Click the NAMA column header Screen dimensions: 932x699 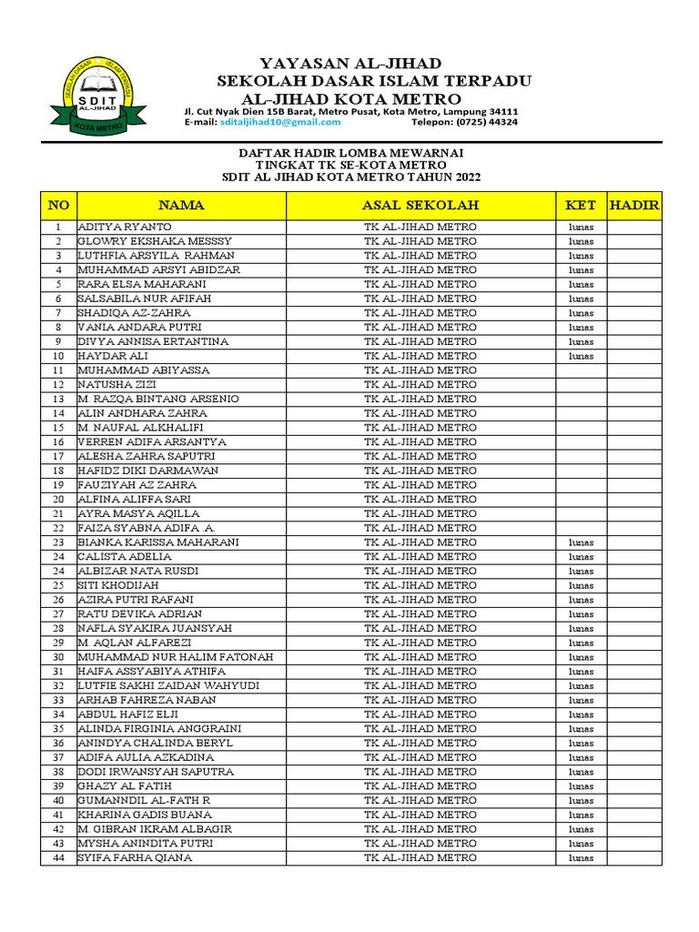(181, 206)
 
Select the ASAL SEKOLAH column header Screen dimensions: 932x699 (420, 206)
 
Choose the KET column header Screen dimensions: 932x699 (581, 206)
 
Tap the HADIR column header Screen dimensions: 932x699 (634, 206)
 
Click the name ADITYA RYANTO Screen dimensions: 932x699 (125, 227)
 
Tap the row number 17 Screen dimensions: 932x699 (58, 456)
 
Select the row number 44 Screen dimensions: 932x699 (58, 857)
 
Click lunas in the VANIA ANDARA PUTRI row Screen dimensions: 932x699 (581, 327)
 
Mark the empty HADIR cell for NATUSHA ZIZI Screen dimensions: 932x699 (634, 384)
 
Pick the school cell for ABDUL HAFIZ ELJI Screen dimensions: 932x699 (420, 714)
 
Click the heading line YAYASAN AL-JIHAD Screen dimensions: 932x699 (350, 63)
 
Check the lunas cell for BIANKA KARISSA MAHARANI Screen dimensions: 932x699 (581, 542)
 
